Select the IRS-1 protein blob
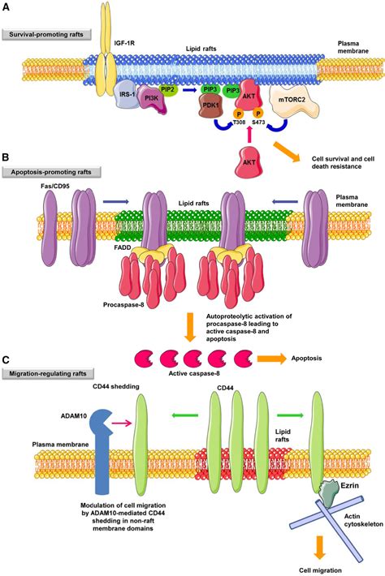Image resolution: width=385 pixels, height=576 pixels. coord(128,94)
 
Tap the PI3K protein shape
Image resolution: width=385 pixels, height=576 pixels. coord(152,99)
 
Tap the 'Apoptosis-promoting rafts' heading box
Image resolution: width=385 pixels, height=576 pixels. coord(53,173)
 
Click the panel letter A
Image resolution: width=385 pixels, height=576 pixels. coord(7,6)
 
